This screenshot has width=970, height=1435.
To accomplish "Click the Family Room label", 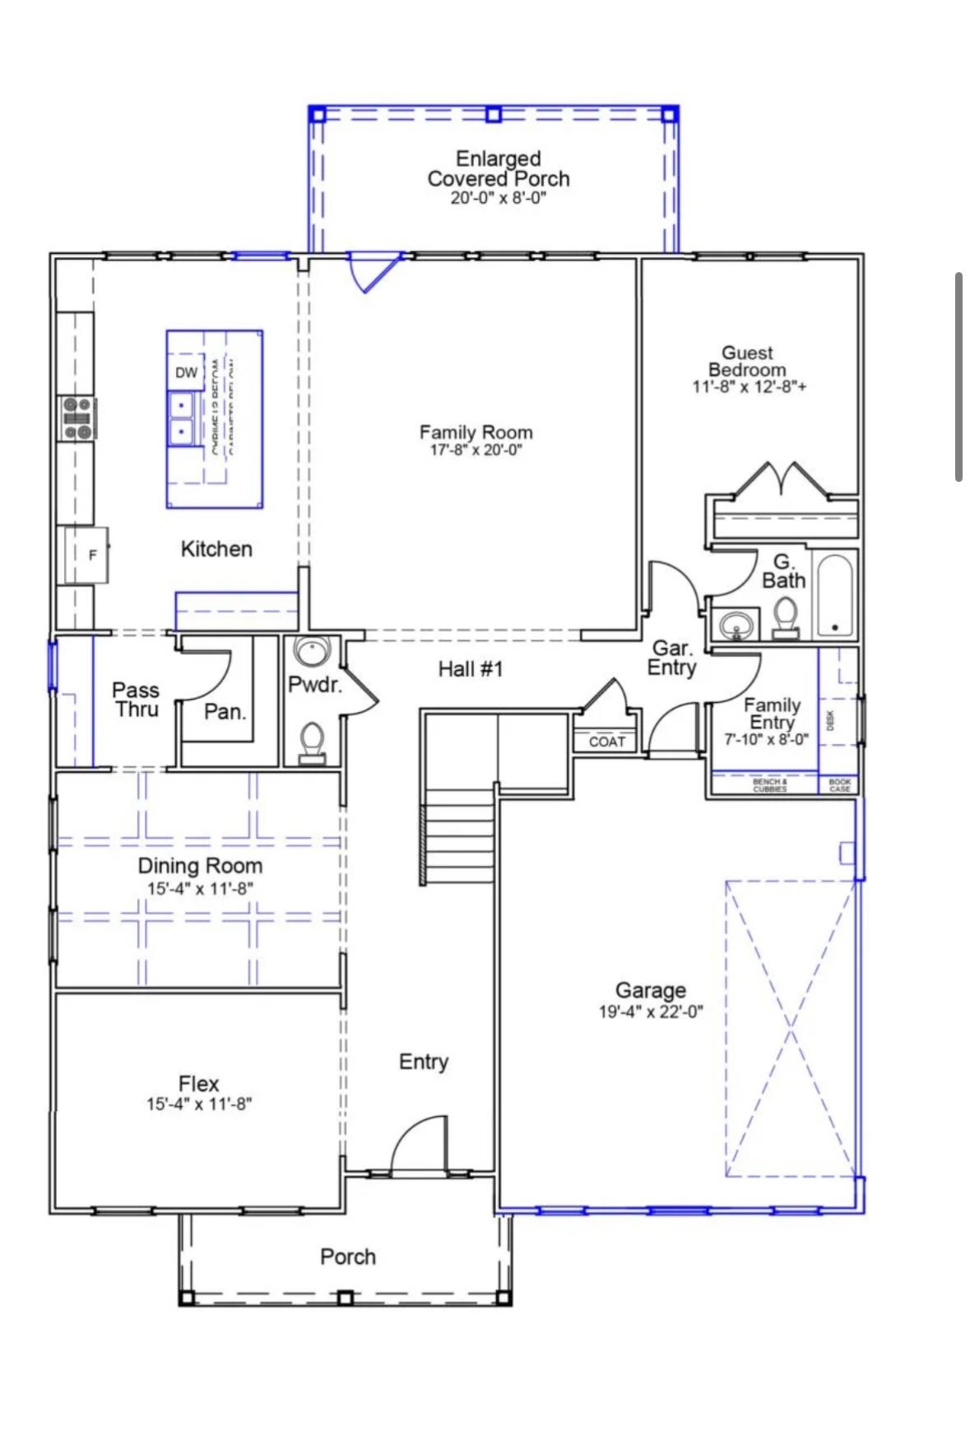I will [476, 432].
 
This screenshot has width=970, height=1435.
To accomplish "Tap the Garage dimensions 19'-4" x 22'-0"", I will [650, 1011].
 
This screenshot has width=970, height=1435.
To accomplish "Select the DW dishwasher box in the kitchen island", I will [186, 373].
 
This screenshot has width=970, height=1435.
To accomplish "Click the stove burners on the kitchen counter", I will [77, 419].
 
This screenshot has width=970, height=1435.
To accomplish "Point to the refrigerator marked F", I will [87, 555].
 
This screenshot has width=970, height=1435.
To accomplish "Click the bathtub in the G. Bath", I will [835, 595].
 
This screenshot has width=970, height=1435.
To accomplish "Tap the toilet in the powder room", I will [312, 741].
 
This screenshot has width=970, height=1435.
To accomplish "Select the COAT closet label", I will [607, 742].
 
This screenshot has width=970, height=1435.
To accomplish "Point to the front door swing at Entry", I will [420, 1147].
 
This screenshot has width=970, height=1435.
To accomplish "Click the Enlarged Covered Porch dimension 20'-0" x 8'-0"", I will [498, 198].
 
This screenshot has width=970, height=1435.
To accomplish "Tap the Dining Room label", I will [200, 865].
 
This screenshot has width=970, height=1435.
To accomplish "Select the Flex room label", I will [198, 1083].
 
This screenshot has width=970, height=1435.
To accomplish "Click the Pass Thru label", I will [136, 700].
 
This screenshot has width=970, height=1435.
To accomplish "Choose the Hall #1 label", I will [470, 669].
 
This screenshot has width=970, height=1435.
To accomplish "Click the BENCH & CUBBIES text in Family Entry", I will [769, 785].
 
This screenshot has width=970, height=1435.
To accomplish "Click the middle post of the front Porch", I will [346, 1298].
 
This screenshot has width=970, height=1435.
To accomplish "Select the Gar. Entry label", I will [671, 659].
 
